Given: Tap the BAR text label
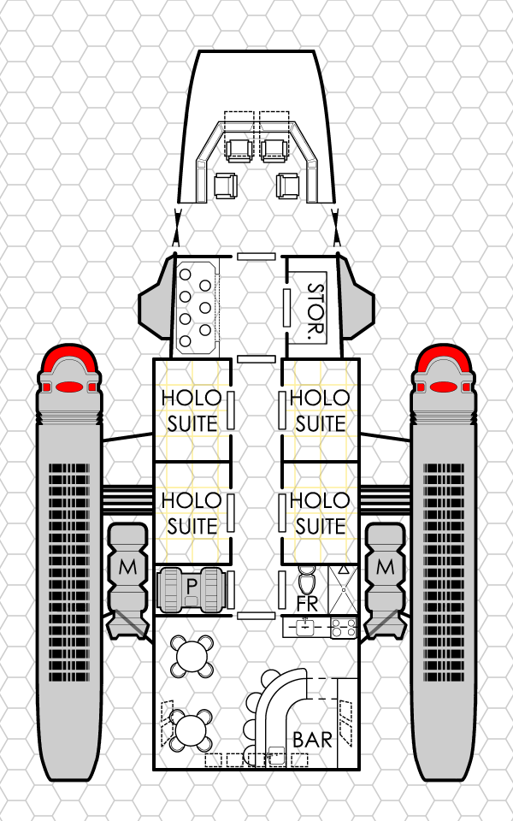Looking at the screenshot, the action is coord(313,740).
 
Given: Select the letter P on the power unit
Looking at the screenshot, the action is coord(191,587).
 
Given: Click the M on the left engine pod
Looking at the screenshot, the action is coord(128,567).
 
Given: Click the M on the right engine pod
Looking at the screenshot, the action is coord(386,567).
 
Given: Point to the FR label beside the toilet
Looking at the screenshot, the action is coord(307,604).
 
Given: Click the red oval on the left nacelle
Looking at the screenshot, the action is coord(68,387).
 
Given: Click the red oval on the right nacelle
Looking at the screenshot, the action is coord(444,387).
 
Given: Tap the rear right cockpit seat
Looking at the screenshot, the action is coord(288,186).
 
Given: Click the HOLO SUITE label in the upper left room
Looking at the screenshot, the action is coord(192,410).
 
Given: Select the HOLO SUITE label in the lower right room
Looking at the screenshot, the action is coord(320,513).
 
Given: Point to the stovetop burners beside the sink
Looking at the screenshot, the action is coord(344,627).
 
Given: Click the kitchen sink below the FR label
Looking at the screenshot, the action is coord(304,627).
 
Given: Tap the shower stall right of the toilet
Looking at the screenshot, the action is coord(343,590).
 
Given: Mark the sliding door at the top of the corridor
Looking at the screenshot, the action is coord(256,256).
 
